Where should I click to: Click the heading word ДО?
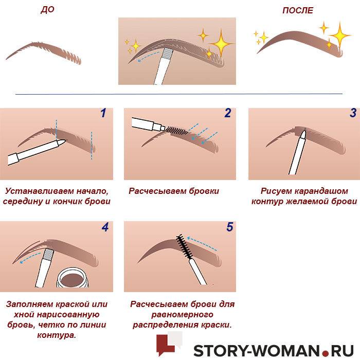[x=47, y=10]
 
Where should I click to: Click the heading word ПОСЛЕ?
[x=298, y=11]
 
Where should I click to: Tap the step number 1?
[x=103, y=113]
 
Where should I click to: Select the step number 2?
[x=227, y=113]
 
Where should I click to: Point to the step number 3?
[x=353, y=113]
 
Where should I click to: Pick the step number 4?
[x=105, y=227]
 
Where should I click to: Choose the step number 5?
[x=229, y=227]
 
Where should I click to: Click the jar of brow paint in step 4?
[x=73, y=278]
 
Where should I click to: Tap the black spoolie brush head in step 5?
[x=184, y=246]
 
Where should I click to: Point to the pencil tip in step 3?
[x=303, y=135]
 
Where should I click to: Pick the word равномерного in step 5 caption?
[x=182, y=315]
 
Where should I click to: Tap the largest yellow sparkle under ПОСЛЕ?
[x=340, y=35]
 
